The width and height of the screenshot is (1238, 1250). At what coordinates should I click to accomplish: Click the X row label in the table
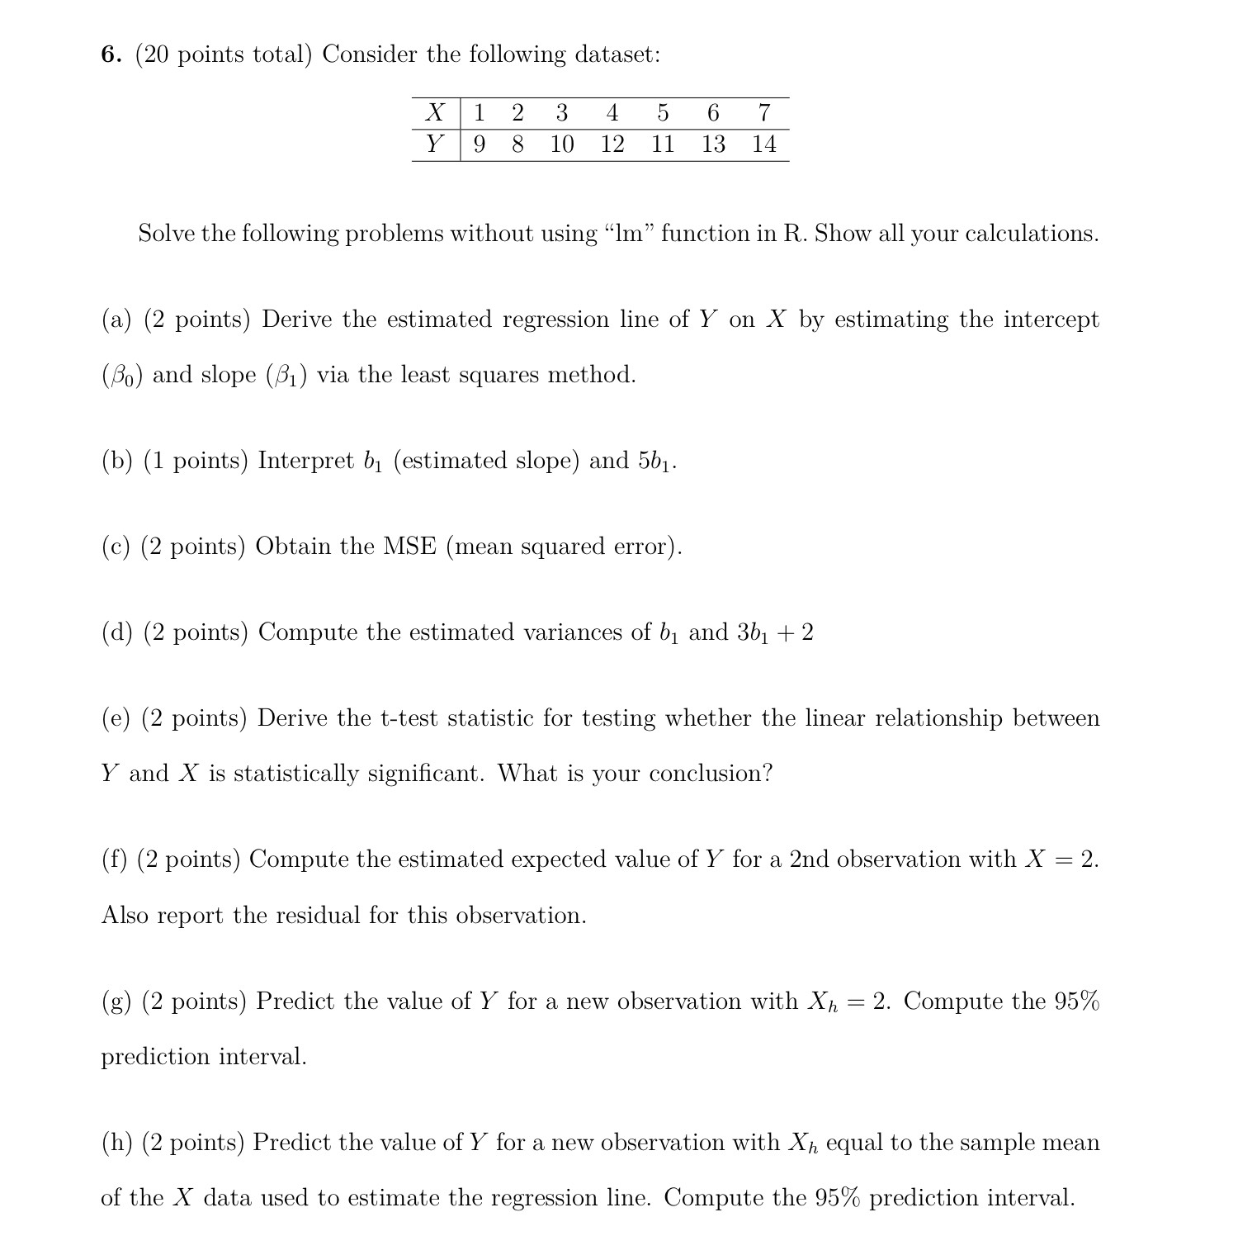point(435,112)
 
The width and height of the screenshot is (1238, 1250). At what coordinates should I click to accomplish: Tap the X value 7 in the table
point(764,112)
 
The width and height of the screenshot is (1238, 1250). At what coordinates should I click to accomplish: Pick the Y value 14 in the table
point(764,144)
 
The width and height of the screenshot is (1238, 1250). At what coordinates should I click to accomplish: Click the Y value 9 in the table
point(479,144)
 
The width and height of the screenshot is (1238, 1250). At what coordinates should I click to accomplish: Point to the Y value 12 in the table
point(612,144)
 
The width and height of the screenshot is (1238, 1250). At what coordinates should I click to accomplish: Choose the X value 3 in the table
point(562,112)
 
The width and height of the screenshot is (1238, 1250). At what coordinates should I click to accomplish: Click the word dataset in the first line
point(617,54)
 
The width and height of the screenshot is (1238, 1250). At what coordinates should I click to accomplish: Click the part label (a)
point(116,320)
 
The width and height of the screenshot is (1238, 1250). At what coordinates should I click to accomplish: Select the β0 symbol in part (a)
point(122,376)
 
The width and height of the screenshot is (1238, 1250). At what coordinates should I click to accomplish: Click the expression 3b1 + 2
point(774,632)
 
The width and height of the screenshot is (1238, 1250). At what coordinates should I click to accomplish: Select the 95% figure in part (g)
point(1077,1001)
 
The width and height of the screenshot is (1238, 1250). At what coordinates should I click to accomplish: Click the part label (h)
point(116,1143)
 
